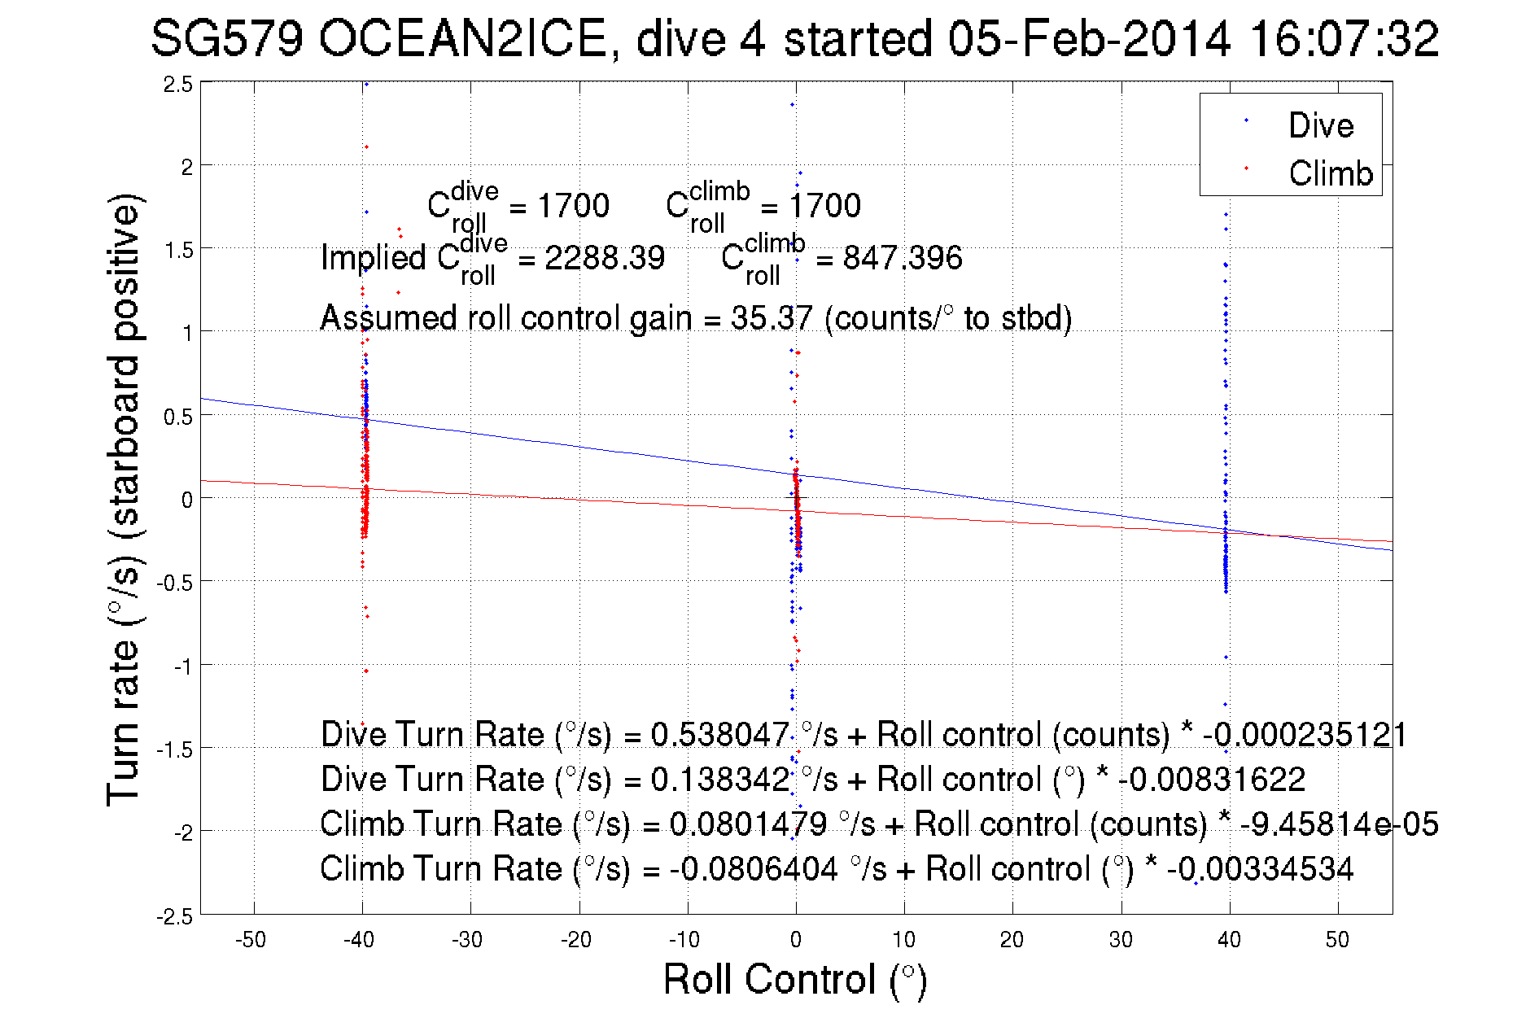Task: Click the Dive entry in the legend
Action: tap(1320, 125)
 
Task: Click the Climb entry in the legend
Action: tap(1330, 173)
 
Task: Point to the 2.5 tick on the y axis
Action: tap(178, 85)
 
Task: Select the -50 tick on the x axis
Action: tap(251, 940)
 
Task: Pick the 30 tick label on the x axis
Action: tap(1121, 940)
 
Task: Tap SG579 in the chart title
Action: tap(227, 39)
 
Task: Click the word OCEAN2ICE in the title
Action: tap(462, 39)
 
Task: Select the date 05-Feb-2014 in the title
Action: tap(1089, 39)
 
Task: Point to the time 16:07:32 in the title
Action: tap(1344, 39)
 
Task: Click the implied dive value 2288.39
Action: tap(604, 258)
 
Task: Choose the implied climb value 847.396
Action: tap(902, 258)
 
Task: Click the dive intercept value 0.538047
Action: tap(719, 735)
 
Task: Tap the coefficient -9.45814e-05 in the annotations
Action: tap(1339, 824)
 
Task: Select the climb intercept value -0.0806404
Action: tap(754, 869)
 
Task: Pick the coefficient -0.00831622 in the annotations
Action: tap(1211, 780)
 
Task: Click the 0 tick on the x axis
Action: tap(796, 940)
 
